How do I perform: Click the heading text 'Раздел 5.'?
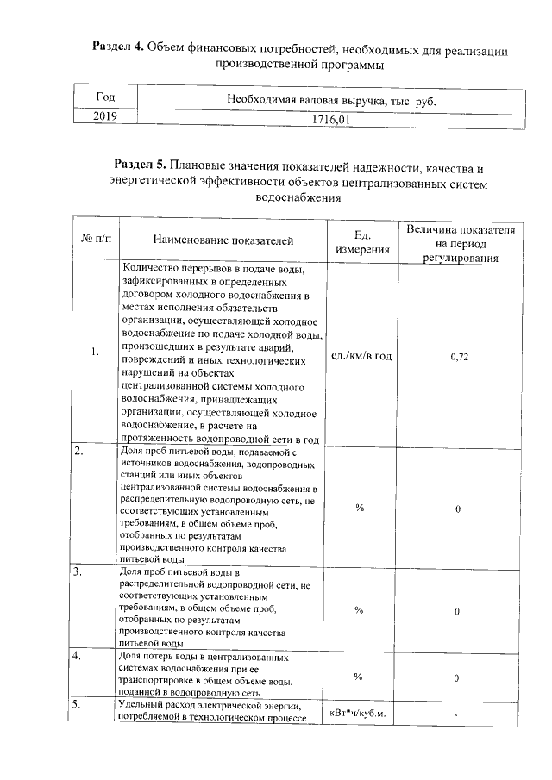141,166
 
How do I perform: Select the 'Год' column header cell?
104,98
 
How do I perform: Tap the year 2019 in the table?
104,117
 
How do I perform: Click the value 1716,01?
330,120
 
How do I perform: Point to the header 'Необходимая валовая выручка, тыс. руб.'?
330,101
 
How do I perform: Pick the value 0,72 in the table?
460,356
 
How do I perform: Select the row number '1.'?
96,353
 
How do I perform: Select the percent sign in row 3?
358,610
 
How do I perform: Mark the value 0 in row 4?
458,678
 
